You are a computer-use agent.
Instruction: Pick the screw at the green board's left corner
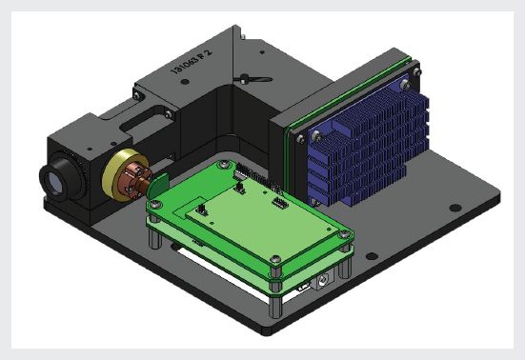tap(152, 203)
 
